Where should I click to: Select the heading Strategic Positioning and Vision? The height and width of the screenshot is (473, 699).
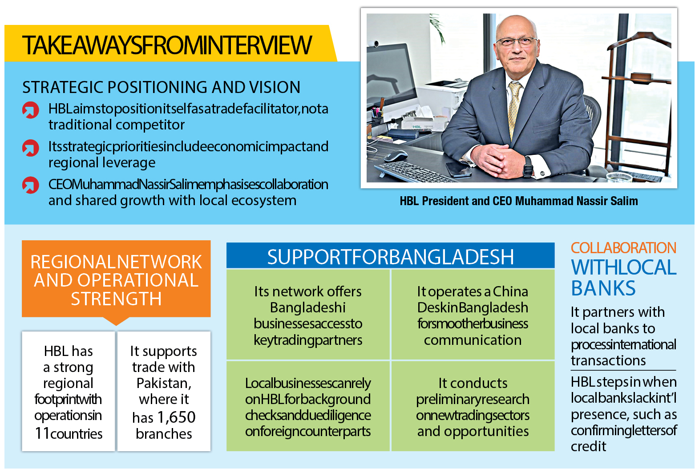pyautogui.click(x=161, y=87)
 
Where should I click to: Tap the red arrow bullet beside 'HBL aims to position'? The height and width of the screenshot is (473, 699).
pyautogui.click(x=31, y=110)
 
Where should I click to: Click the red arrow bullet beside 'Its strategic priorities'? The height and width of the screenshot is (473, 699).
pyautogui.click(x=31, y=148)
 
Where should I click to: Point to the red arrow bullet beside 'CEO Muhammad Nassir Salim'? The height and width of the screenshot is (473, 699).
pyautogui.click(x=31, y=186)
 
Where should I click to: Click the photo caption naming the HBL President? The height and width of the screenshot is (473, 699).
pyautogui.click(x=519, y=201)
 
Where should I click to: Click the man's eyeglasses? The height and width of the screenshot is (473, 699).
pyautogui.click(x=517, y=42)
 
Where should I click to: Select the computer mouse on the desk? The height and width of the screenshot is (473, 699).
pyautogui.click(x=396, y=155)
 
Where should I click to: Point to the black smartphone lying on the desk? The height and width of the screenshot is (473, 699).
pyautogui.click(x=458, y=169)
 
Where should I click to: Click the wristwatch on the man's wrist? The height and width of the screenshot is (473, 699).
pyautogui.click(x=528, y=166)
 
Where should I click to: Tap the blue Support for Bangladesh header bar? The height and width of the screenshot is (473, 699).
pyautogui.click(x=390, y=256)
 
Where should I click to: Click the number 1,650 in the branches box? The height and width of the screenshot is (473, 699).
pyautogui.click(x=176, y=417)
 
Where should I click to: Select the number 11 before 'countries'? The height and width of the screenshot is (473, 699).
pyautogui.click(x=42, y=433)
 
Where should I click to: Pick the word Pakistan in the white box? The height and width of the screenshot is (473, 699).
pyautogui.click(x=164, y=383)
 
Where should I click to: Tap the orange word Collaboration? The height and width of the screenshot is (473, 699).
pyautogui.click(x=623, y=248)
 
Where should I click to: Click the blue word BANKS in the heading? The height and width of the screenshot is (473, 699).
pyautogui.click(x=603, y=288)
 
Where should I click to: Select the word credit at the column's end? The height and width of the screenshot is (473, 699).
pyautogui.click(x=588, y=446)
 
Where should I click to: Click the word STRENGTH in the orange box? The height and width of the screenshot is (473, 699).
pyautogui.click(x=116, y=299)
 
